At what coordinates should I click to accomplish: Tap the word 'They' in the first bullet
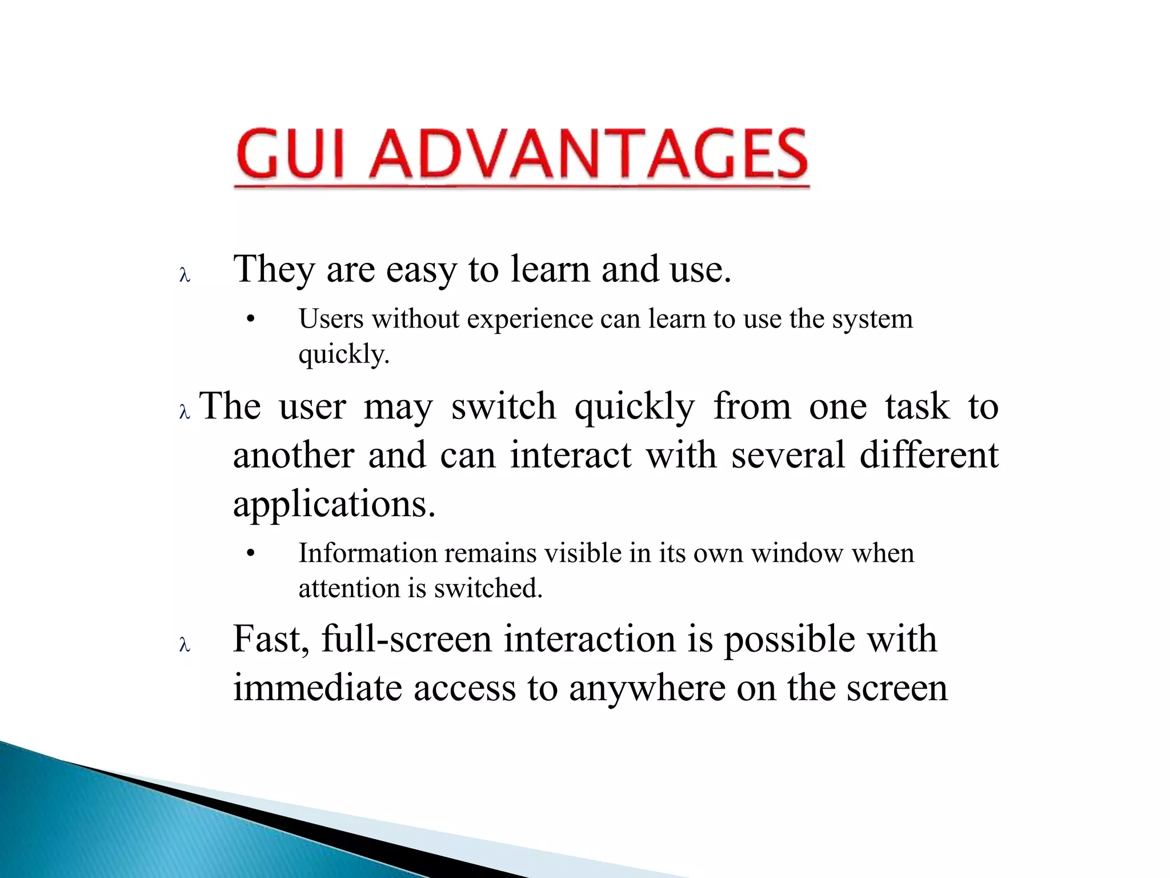274,270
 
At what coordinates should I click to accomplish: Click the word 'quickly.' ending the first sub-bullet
344,355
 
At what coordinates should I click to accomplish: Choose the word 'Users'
331,319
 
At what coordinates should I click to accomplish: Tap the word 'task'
917,407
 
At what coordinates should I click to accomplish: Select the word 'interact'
571,456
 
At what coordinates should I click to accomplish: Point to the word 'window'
796,553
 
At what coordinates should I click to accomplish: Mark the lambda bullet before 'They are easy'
184,276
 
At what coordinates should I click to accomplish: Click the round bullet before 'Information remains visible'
250,553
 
